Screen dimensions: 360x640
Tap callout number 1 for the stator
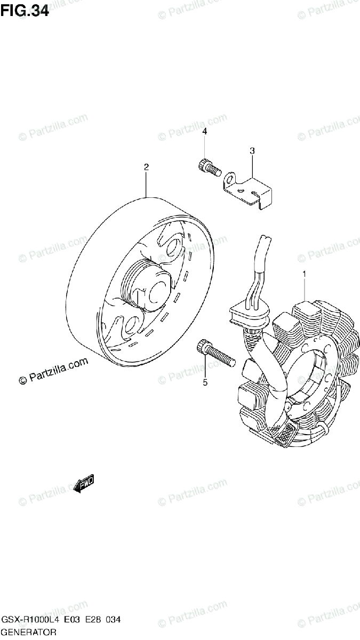[x=305, y=274]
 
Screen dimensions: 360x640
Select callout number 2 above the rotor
[x=146, y=167]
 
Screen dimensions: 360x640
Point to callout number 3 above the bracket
[x=253, y=151]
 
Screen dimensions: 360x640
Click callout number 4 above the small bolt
[x=204, y=131]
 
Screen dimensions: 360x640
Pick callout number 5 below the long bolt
[x=205, y=382]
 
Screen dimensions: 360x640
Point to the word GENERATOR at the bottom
[x=29, y=633]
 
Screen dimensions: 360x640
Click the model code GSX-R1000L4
[x=29, y=621]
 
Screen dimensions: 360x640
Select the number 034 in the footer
[x=112, y=621]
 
